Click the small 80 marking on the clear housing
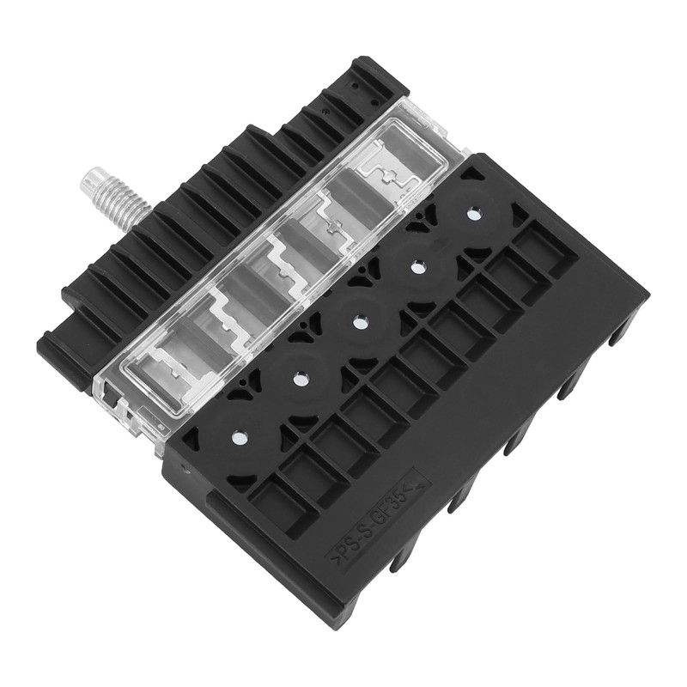(161, 425)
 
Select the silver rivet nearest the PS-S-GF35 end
(240, 437)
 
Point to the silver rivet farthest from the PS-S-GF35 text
(473, 214)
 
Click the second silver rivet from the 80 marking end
(300, 379)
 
